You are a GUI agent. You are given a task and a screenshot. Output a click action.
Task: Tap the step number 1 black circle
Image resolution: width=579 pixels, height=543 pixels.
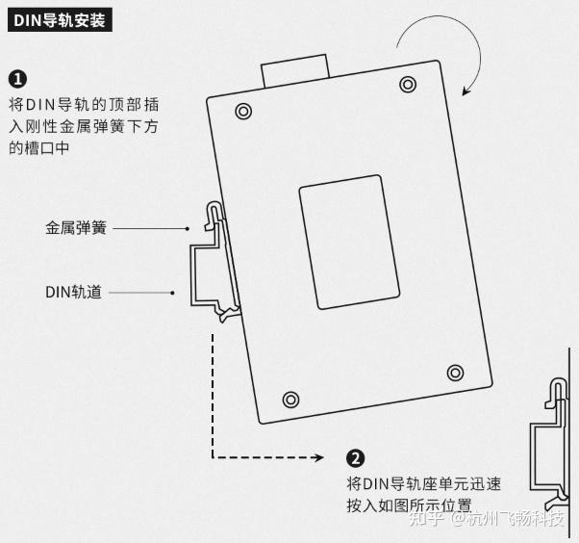(x=17, y=79)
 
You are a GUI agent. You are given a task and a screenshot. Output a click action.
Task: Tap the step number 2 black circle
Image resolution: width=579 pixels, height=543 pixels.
(x=356, y=458)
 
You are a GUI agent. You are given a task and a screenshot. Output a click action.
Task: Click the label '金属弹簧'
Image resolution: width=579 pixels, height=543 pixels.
(x=76, y=229)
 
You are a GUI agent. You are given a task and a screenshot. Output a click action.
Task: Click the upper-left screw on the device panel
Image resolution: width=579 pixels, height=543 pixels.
(x=243, y=112)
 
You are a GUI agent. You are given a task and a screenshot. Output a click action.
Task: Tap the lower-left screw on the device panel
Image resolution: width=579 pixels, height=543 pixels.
(x=290, y=399)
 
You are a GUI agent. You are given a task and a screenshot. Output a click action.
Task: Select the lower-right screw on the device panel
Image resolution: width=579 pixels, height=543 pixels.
(x=456, y=372)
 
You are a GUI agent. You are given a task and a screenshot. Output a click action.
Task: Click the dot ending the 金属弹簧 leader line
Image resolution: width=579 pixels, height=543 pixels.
(x=189, y=229)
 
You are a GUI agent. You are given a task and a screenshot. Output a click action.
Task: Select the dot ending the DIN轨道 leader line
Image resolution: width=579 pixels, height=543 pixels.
(x=172, y=292)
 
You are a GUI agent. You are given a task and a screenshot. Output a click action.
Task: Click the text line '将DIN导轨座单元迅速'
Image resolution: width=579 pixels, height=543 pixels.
(x=423, y=483)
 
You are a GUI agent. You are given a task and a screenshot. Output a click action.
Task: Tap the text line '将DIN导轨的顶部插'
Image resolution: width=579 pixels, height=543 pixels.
(x=86, y=104)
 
